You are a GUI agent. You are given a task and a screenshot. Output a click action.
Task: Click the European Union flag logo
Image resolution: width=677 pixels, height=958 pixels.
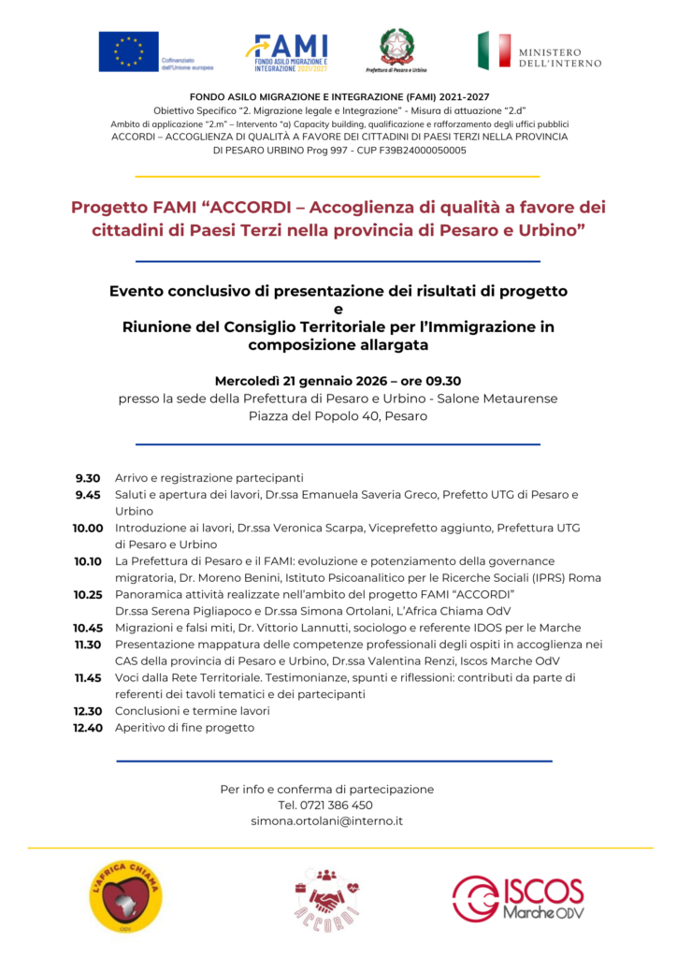click(129, 51)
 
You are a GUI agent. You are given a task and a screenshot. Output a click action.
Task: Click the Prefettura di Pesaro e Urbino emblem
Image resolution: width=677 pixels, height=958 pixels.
click(396, 47)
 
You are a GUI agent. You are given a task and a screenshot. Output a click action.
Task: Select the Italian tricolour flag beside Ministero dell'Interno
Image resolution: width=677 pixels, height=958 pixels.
click(494, 51)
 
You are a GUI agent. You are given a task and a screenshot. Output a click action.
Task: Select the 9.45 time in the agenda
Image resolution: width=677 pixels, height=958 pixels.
click(88, 494)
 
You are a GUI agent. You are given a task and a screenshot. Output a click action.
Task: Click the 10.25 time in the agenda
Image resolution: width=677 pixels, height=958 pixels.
click(88, 594)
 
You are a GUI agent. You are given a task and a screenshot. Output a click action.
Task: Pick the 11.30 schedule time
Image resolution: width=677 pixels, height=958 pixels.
click(88, 644)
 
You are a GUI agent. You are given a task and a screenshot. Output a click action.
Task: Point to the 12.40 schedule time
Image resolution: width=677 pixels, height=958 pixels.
click(88, 727)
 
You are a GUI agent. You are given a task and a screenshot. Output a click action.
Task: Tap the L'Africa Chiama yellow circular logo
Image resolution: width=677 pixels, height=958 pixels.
click(124, 895)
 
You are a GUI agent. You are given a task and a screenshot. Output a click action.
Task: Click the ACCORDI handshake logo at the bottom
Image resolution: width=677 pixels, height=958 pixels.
click(327, 898)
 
